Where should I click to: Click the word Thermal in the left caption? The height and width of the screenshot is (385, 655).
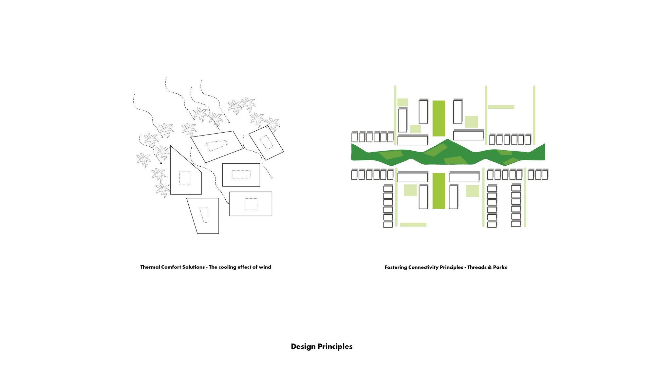click(150, 267)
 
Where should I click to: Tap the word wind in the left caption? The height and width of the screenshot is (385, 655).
click(265, 267)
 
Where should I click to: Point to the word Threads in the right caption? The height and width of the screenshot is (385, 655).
click(477, 267)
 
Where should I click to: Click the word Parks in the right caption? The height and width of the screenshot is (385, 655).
click(500, 267)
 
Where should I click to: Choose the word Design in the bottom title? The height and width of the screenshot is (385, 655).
click(303, 346)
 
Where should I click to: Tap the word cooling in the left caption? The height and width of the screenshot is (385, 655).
click(227, 267)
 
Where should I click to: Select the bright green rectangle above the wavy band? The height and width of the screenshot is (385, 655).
click(439, 118)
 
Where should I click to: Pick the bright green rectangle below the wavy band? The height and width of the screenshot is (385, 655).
click(439, 191)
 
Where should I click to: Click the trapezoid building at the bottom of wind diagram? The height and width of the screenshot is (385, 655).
click(205, 216)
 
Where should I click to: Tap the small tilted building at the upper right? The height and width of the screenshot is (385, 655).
click(266, 143)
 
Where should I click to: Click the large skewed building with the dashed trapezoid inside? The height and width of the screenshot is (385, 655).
click(217, 146)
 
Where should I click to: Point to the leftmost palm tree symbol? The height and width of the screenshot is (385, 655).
click(143, 160)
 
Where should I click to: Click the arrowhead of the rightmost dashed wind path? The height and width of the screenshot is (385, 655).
click(271, 178)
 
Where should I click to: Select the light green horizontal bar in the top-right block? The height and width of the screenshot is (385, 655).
click(501, 107)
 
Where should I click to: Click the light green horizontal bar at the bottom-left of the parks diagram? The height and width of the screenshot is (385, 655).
click(413, 225)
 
